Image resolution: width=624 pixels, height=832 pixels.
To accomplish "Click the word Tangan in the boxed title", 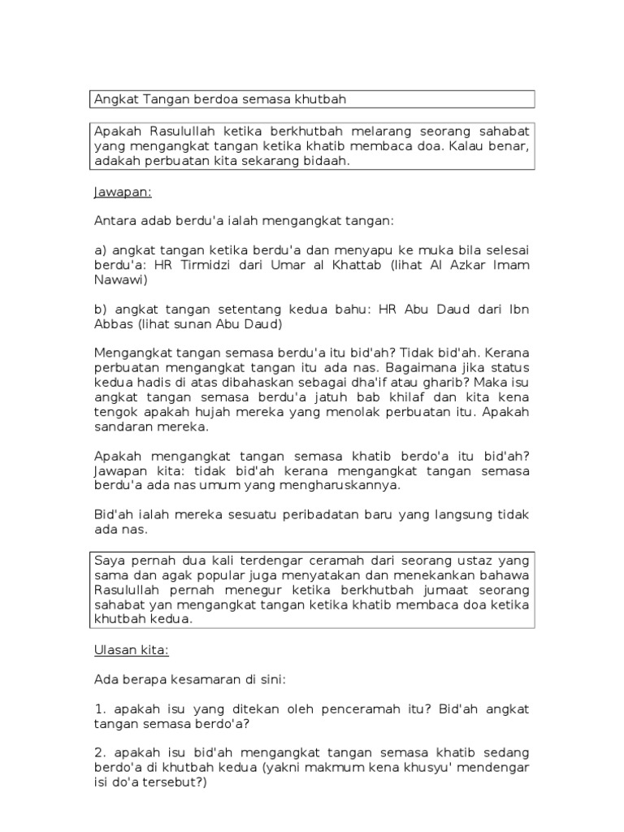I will pos(165,99).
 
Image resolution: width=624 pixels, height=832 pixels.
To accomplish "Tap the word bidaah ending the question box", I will pos(331,161).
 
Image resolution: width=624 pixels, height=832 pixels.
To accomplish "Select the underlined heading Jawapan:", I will pos(122,193).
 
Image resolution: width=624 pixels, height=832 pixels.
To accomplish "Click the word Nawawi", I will pos(121,279).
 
